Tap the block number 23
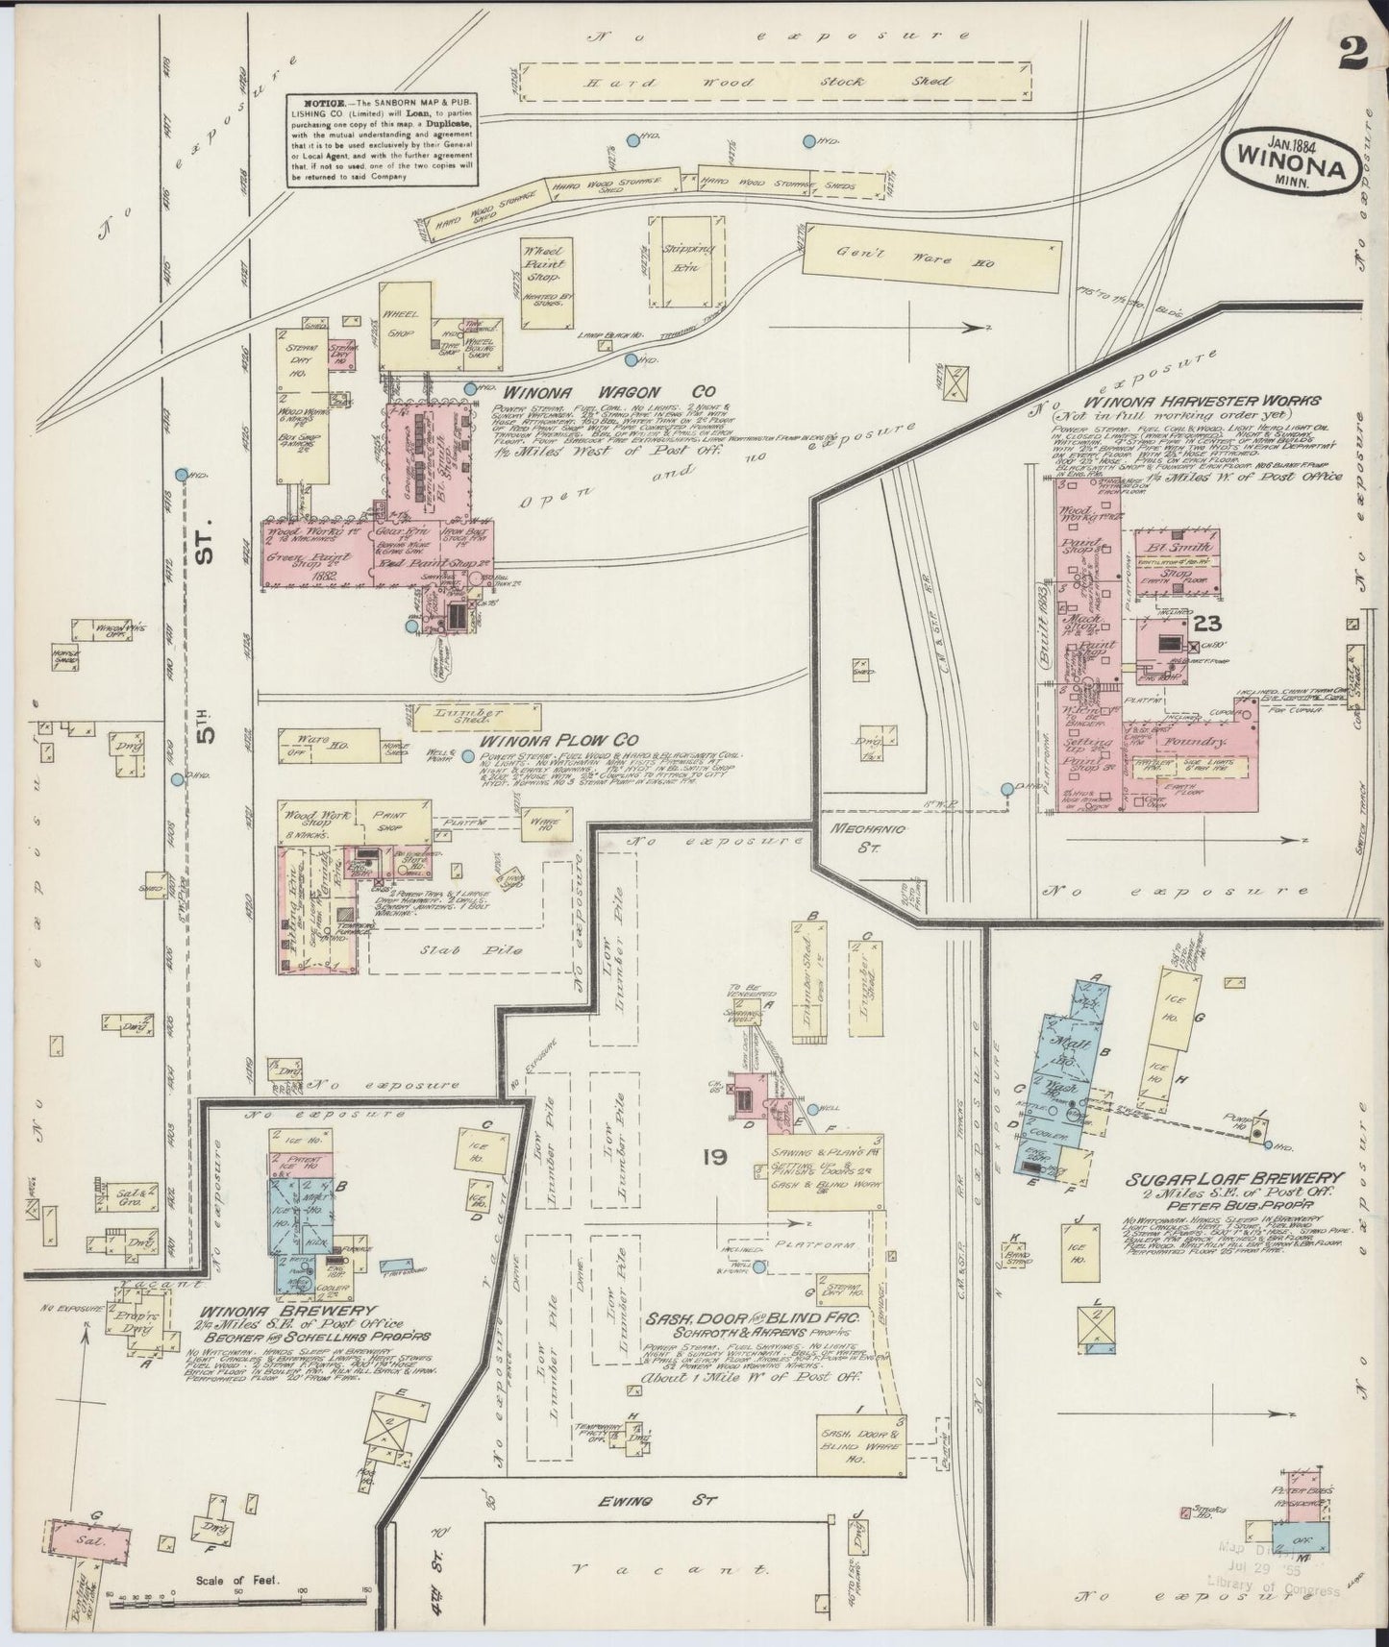tap(1207, 624)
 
